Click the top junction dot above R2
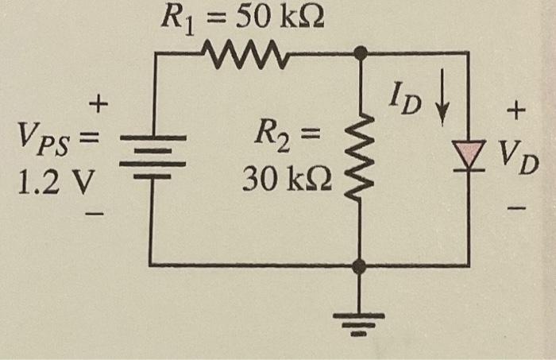[x=360, y=53]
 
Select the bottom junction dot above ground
[x=360, y=266]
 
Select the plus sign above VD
[x=517, y=114]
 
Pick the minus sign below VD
[x=518, y=209]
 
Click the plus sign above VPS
[x=99, y=103]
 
